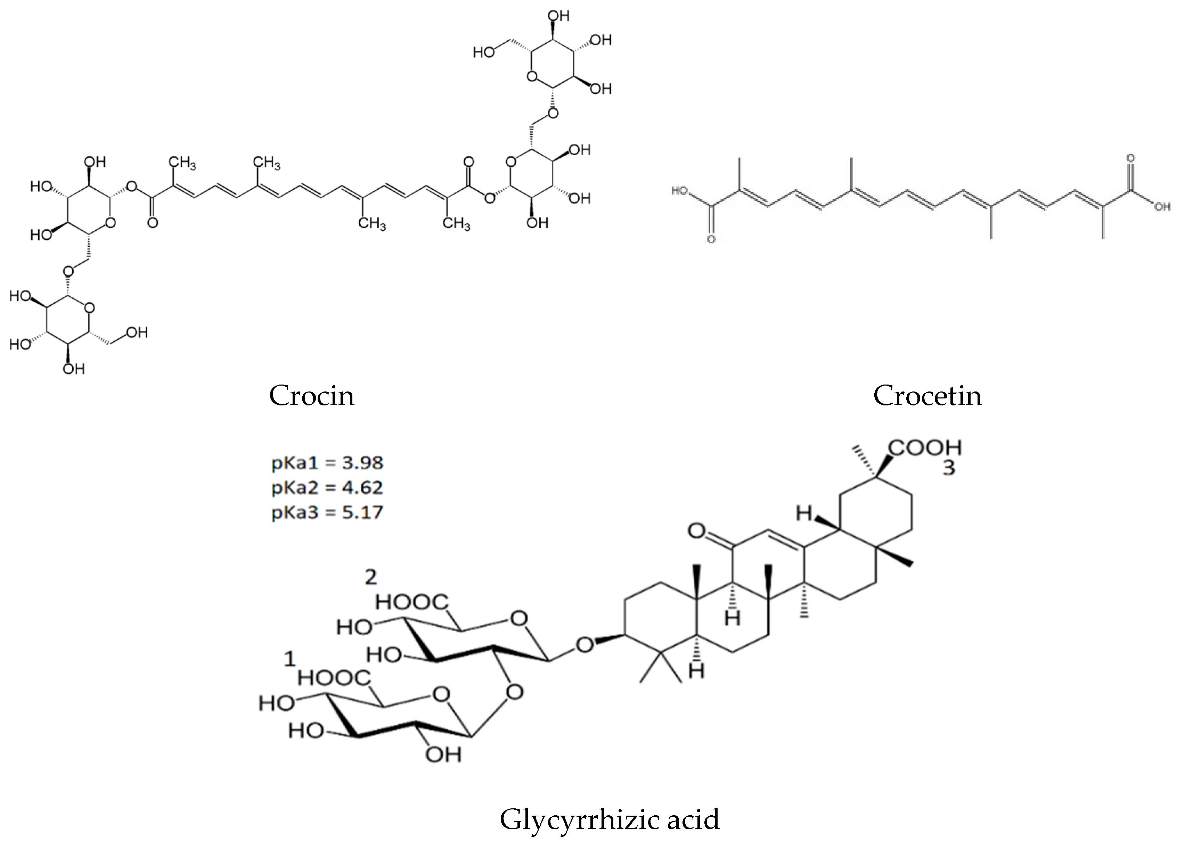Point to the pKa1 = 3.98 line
(327, 463)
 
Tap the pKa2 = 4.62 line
(327, 487)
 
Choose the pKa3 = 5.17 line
(327, 512)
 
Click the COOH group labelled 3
(925, 447)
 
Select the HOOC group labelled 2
(411, 602)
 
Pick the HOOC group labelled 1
(334, 678)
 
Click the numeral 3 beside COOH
(949, 468)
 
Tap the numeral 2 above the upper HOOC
(370, 577)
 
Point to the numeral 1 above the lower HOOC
(289, 659)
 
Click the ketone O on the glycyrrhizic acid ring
(696, 530)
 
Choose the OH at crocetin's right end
(1162, 207)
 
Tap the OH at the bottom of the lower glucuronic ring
(443, 755)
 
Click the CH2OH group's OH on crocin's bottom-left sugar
(137, 332)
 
